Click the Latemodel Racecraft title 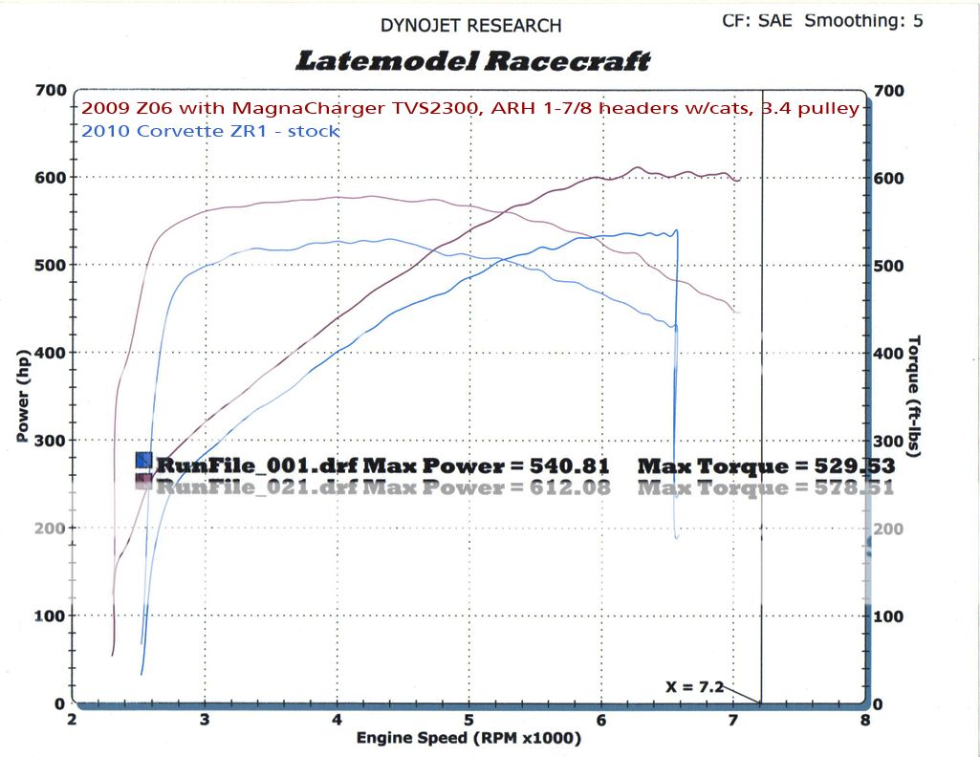click(473, 61)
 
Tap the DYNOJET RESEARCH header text click(471, 26)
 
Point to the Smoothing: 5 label click(863, 20)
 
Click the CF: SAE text click(757, 20)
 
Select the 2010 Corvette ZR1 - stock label click(210, 131)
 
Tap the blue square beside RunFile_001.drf click(143, 461)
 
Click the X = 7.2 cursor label click(694, 686)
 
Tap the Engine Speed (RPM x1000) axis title click(468, 738)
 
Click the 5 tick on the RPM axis click(469, 719)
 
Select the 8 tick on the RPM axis click(865, 719)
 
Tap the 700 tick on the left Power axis click(50, 91)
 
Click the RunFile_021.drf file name click(258, 487)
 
